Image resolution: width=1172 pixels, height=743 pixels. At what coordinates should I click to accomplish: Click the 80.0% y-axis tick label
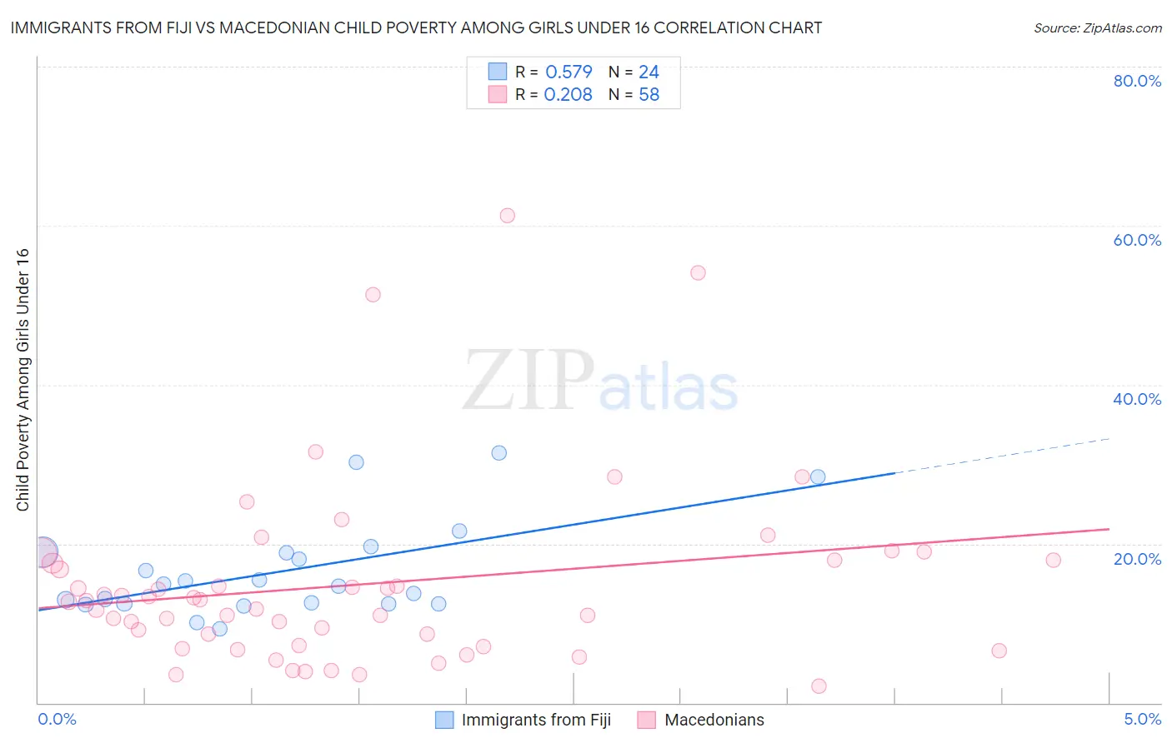point(1137,81)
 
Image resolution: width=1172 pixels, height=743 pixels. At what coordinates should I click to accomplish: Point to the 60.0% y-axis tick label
point(1137,240)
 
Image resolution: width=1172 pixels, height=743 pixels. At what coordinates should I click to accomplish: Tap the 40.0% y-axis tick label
point(1137,399)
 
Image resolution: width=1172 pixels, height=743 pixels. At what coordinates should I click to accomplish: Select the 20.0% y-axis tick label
point(1137,559)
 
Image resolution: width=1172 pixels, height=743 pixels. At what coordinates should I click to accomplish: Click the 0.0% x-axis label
point(57,719)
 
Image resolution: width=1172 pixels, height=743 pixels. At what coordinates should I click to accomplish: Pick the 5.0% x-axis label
point(1142,719)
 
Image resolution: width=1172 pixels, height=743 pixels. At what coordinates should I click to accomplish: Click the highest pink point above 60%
point(507,216)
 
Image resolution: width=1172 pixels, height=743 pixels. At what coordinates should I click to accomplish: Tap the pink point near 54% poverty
point(698,273)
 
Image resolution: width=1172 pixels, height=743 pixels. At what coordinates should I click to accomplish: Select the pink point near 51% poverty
point(373,295)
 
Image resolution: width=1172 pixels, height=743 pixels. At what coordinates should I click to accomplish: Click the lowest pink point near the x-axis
point(819,686)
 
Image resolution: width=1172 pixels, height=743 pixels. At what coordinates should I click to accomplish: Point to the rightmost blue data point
point(818,477)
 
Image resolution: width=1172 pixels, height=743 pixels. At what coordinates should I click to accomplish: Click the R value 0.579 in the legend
point(568,72)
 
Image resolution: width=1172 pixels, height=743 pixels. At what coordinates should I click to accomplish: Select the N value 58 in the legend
point(649,95)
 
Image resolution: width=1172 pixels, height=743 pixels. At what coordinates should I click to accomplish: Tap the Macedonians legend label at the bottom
point(714,720)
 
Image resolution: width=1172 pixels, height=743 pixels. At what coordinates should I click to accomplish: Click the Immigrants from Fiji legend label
point(536,720)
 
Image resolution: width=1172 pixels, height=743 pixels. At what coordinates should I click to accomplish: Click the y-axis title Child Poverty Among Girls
point(23,380)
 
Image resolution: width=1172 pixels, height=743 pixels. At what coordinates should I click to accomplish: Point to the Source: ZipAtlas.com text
point(1097,28)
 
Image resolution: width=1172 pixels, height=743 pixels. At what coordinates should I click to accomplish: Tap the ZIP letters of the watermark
point(528,381)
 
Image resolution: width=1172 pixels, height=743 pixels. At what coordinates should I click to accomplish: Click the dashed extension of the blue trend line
point(1000,456)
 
